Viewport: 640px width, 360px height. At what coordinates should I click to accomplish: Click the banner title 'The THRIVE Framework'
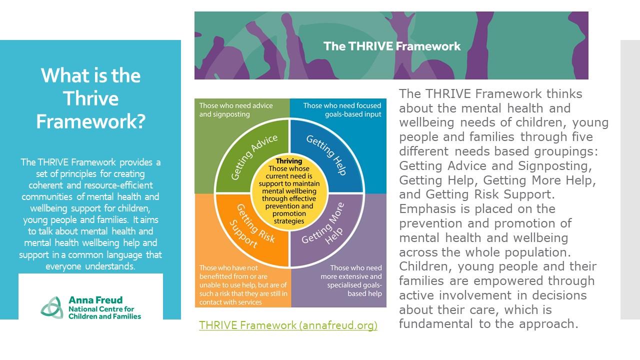391,46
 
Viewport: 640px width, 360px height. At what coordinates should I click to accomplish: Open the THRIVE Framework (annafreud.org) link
288,325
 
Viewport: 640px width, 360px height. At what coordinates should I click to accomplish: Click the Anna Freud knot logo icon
52,307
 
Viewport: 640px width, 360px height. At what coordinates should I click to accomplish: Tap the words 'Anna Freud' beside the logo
95,300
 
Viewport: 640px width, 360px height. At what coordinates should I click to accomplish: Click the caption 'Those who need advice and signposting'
236,109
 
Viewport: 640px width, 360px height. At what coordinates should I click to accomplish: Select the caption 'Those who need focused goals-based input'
342,109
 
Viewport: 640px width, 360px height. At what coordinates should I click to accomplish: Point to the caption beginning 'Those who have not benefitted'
243,285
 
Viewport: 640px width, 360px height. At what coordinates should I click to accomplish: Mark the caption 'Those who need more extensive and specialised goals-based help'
351,280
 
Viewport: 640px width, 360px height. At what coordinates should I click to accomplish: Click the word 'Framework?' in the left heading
91,121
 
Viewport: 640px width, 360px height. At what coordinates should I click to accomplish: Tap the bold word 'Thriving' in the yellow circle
289,161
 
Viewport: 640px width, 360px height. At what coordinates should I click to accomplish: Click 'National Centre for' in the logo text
101,309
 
